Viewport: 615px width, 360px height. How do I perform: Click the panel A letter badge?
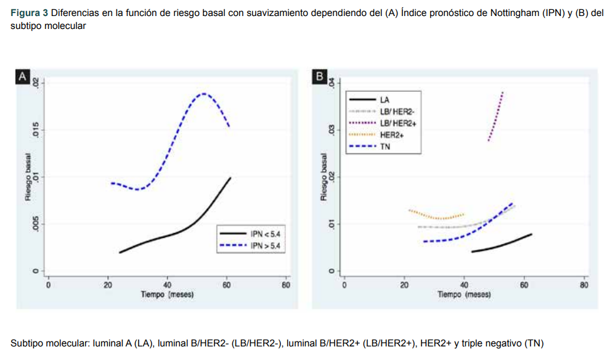(22, 77)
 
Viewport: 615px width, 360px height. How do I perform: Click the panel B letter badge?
(319, 77)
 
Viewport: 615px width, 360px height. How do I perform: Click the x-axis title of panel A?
(167, 295)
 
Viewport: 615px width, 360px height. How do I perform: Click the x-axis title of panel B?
(464, 295)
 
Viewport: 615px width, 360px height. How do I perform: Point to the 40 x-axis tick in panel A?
(167, 285)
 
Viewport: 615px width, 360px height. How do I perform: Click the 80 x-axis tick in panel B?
(584, 285)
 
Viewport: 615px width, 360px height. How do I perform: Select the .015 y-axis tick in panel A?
(36, 129)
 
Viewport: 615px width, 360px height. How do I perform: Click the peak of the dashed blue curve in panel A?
(203, 94)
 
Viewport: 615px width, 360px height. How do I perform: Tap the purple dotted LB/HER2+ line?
(496, 117)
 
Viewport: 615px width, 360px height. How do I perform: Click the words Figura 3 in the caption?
(30, 13)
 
